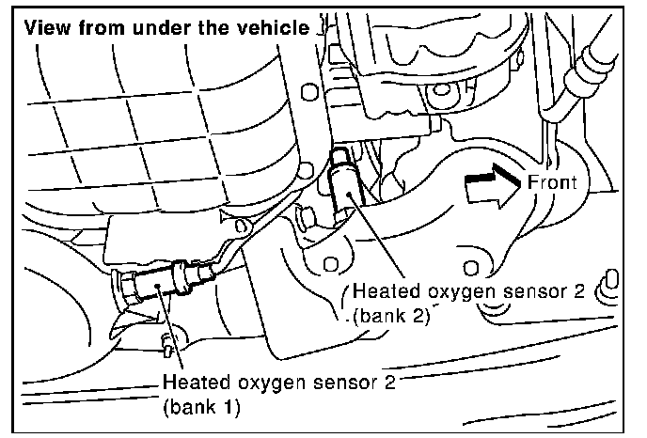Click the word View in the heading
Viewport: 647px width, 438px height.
pyautogui.click(x=45, y=26)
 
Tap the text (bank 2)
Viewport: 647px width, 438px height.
pyautogui.click(x=392, y=317)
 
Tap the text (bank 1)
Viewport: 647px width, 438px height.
pyautogui.click(x=199, y=409)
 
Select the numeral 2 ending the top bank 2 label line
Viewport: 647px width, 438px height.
pyautogui.click(x=579, y=292)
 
